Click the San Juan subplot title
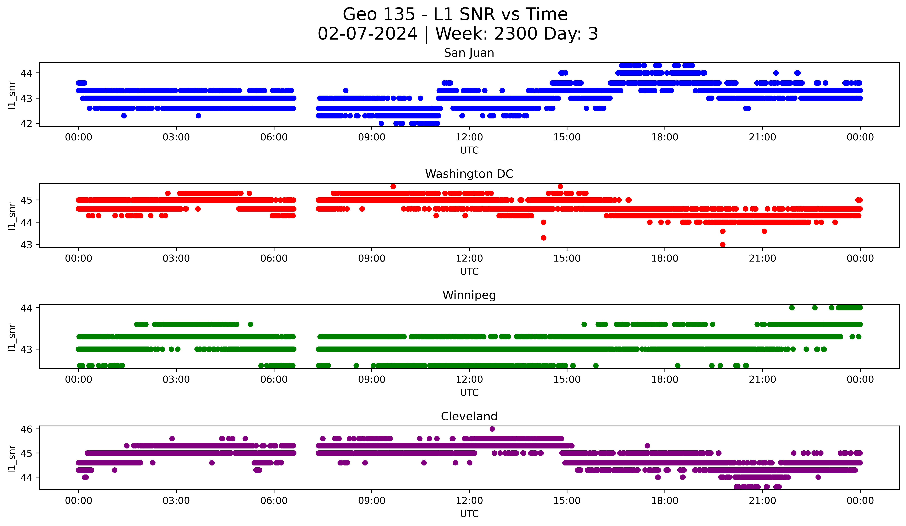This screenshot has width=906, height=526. pos(469,53)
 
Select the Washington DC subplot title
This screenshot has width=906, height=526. pos(469,174)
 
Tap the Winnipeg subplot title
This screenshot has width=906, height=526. pos(469,295)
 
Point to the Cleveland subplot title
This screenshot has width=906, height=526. pos(469,416)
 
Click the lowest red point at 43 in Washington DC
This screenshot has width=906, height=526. pos(723,245)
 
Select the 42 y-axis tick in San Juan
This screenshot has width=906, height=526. pos(26,123)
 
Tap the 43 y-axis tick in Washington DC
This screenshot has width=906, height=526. pos(26,245)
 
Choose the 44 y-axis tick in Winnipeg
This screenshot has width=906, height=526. pos(26,308)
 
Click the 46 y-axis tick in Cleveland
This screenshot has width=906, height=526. pos(26,429)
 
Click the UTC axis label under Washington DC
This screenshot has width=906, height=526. pos(469,271)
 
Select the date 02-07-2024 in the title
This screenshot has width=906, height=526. pos(367,34)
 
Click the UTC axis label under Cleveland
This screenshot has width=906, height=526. pos(469,514)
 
